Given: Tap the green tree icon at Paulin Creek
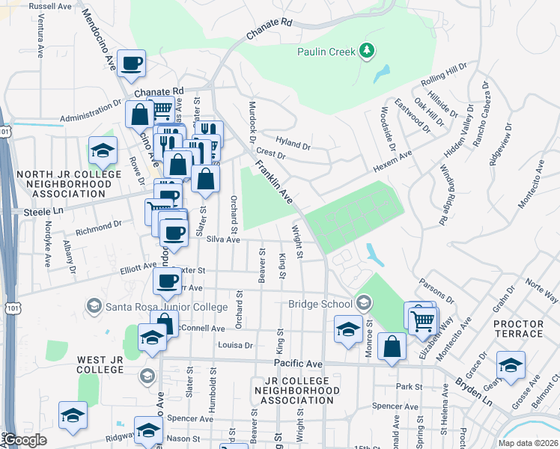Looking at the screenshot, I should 367,51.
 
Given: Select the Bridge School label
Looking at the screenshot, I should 320,304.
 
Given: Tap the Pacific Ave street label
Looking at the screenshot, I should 297,363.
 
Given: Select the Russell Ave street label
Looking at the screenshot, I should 50,6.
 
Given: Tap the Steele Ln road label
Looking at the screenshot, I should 21,212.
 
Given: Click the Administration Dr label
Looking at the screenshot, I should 90,112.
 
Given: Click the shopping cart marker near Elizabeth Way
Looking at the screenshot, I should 424,320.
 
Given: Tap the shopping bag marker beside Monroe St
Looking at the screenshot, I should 392,346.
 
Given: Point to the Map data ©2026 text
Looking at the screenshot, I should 527,442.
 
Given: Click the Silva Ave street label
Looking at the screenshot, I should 223,239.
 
